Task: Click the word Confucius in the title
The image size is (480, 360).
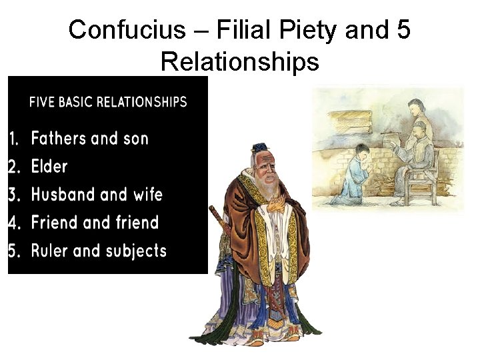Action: pos(118,29)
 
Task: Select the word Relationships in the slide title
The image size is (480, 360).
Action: pos(240,61)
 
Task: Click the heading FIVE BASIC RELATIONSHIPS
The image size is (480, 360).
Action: pos(108,102)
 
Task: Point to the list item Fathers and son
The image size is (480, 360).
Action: pos(90,139)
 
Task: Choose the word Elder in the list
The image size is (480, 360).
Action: pos(49,167)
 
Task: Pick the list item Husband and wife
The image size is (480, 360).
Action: pos(97,195)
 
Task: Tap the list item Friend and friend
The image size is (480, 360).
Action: pos(95,223)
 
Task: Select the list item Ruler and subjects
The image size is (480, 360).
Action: pos(99,251)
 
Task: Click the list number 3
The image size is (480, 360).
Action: pos(14,195)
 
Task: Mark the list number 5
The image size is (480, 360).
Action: pos(14,251)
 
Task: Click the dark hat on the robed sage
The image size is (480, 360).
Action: pos(259,149)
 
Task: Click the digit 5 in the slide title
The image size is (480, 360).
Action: pos(402,29)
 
